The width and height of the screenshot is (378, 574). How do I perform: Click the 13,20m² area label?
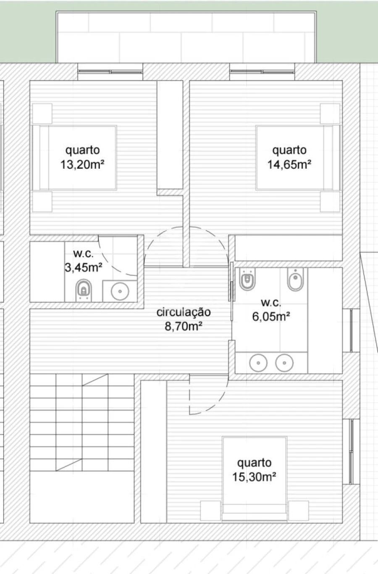coord(82,164)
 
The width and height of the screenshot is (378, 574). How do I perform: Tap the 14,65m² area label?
coord(289,164)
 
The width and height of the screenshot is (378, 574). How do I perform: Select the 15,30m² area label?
coord(254,477)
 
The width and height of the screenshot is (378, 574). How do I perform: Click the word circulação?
coord(184,312)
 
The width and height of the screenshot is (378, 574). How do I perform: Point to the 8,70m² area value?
coord(184,326)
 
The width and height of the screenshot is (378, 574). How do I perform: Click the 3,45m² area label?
coord(83,267)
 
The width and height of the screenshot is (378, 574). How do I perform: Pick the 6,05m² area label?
coord(271,317)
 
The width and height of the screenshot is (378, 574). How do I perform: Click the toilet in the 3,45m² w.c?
coord(84,290)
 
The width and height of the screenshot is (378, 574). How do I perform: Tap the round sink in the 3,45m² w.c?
coord(121,290)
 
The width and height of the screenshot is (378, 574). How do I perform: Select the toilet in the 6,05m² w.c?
coord(247,279)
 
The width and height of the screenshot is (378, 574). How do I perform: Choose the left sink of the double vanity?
coord(258,363)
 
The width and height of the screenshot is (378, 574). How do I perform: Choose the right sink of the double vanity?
coord(285,363)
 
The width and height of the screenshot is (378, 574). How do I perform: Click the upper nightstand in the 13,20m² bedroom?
coord(42,113)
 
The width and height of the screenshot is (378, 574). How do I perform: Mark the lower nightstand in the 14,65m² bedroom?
coord(330,202)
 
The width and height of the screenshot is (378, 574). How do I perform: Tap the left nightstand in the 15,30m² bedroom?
coord(210,511)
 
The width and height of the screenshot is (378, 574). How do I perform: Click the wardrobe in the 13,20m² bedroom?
coord(170,134)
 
